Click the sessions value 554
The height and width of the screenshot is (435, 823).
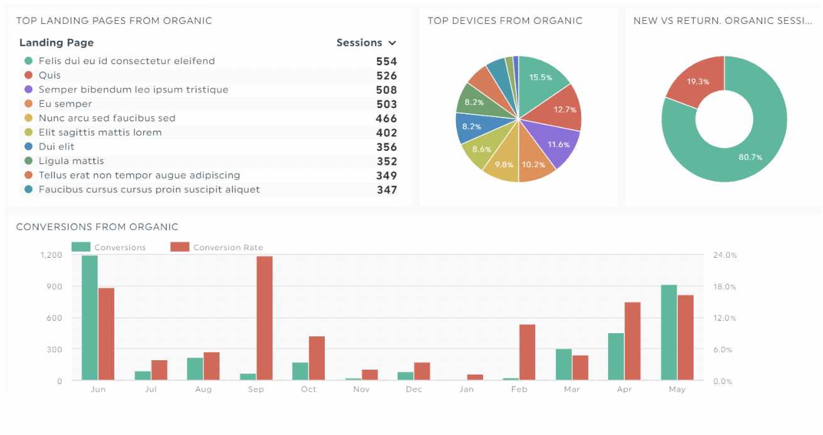[x=386, y=62]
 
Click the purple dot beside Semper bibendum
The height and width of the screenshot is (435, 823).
[x=28, y=90]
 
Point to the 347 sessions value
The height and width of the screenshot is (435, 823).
[x=386, y=190]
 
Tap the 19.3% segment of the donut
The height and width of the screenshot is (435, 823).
[x=697, y=81]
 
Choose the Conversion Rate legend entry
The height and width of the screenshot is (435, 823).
[x=227, y=248]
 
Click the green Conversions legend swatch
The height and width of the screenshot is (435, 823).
[x=81, y=247]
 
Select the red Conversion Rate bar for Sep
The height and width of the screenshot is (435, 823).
[x=264, y=317]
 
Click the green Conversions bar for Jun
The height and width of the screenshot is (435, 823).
[x=90, y=317]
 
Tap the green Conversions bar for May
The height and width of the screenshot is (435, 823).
[x=669, y=333]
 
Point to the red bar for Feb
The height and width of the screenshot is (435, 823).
[x=527, y=352]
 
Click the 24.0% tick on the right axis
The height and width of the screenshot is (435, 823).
[x=724, y=255]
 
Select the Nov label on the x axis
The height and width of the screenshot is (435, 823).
[x=361, y=390]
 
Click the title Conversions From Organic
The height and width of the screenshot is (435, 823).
[x=97, y=227]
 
